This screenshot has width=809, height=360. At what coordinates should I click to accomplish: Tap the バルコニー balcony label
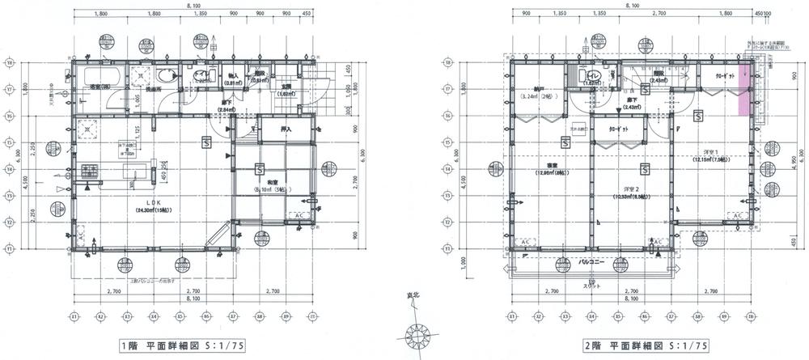coord(593,262)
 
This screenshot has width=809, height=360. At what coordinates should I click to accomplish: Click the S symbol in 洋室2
coord(644,170)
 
